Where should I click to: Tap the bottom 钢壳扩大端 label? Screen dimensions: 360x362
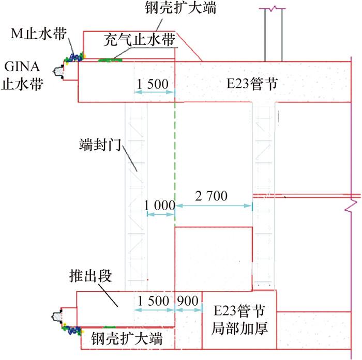(x=127, y=339)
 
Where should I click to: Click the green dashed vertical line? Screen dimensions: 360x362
(x=175, y=155)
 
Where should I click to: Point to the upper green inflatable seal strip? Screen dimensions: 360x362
(x=111, y=60)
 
